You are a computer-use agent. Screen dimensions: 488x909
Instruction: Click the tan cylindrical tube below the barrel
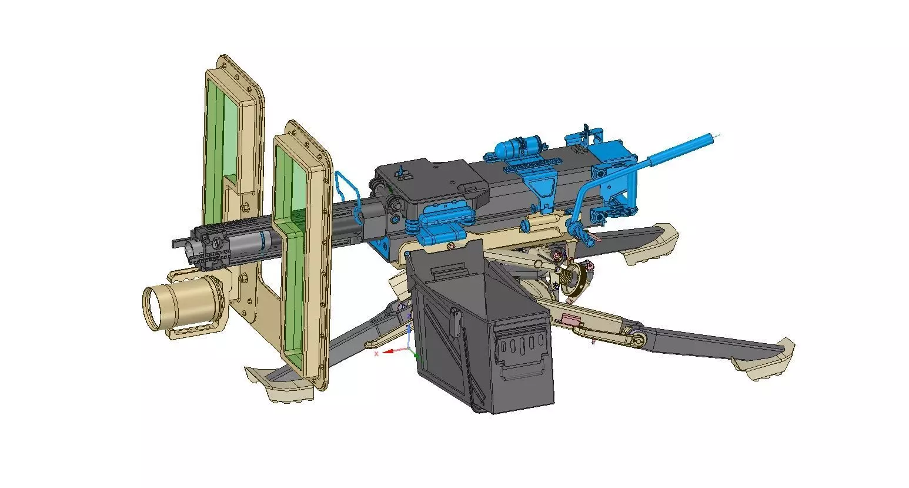(176, 304)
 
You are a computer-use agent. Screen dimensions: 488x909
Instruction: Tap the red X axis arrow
(391, 351)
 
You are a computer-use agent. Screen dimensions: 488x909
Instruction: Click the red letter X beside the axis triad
(376, 354)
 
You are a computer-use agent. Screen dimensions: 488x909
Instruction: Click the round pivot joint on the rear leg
(636, 340)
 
